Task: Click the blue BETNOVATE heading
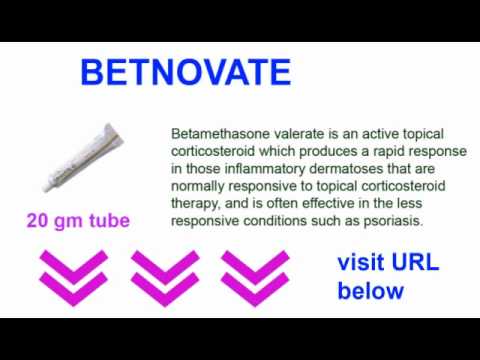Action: (185, 72)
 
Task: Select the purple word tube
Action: (106, 220)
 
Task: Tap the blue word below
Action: (370, 291)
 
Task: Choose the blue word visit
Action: (360, 264)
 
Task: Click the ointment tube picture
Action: (80, 158)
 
